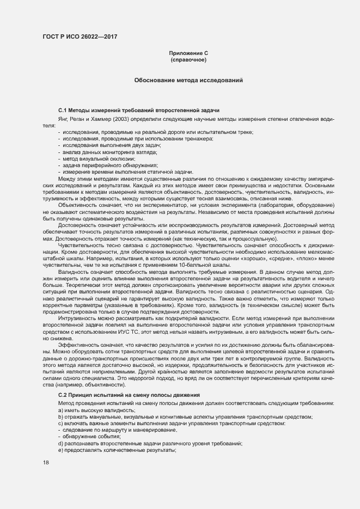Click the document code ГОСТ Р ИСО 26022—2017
80,36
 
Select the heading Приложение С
188,53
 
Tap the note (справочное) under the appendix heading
188,60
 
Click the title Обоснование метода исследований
188,81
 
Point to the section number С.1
63,111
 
